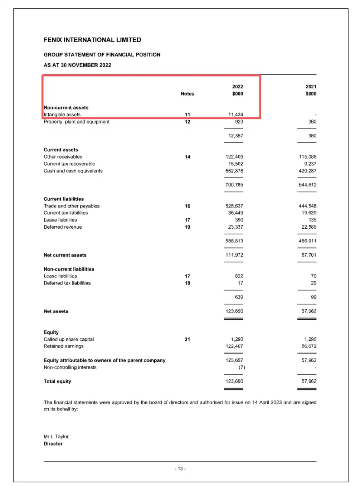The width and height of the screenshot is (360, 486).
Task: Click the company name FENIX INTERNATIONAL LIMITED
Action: coord(92,40)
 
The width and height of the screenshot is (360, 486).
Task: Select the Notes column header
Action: coord(187,94)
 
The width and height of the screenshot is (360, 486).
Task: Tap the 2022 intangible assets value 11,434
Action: coord(235,115)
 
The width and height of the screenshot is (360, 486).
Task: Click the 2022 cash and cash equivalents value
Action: coord(234,171)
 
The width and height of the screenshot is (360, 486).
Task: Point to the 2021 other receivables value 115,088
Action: coord(307,157)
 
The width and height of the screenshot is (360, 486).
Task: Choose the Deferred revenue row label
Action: coord(63,227)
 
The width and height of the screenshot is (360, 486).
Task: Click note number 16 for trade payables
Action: coord(187,206)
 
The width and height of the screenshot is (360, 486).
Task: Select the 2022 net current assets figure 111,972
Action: coord(234,255)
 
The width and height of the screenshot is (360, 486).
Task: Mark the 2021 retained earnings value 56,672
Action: coord(309,346)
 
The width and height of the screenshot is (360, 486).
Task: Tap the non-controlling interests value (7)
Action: coord(242,367)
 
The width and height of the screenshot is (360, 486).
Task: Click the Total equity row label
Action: coord(57,381)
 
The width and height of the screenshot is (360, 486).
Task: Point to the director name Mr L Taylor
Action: coord(56,437)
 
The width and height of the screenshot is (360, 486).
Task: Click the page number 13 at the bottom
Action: coord(180,469)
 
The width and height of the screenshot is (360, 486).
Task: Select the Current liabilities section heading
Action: coord(64,199)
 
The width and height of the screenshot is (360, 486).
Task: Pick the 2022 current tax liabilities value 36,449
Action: coord(235,213)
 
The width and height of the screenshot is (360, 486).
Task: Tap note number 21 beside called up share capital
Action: coord(187,339)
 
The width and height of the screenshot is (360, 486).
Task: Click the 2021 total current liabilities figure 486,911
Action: coord(307,241)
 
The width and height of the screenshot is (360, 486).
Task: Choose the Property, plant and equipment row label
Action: coord(77,122)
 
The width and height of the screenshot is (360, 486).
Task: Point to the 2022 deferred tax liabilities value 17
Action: coord(240,283)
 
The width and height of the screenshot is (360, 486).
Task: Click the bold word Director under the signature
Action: coord(53,444)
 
